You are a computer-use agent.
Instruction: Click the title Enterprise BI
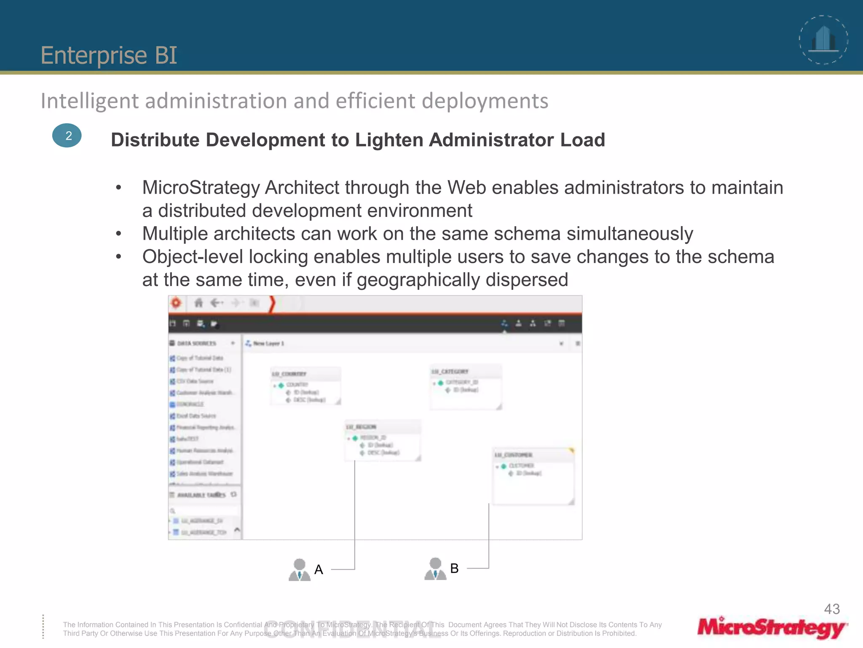(x=109, y=55)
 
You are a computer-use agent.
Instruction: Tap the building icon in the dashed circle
(x=824, y=39)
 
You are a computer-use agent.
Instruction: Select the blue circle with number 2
(x=67, y=135)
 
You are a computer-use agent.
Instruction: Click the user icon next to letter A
(x=299, y=570)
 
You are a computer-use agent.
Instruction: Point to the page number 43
(x=832, y=609)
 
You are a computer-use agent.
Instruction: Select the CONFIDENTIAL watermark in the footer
(x=352, y=629)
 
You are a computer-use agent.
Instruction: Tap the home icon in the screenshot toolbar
(x=198, y=303)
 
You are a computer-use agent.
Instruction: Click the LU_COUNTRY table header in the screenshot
(x=289, y=374)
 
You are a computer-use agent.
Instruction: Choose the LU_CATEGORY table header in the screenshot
(x=450, y=371)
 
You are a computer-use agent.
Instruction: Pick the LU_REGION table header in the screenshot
(x=362, y=427)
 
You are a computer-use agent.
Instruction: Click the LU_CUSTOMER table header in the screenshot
(x=513, y=455)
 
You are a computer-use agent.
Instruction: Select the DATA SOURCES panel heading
(x=196, y=343)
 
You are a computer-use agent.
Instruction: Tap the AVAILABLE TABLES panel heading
(x=201, y=495)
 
